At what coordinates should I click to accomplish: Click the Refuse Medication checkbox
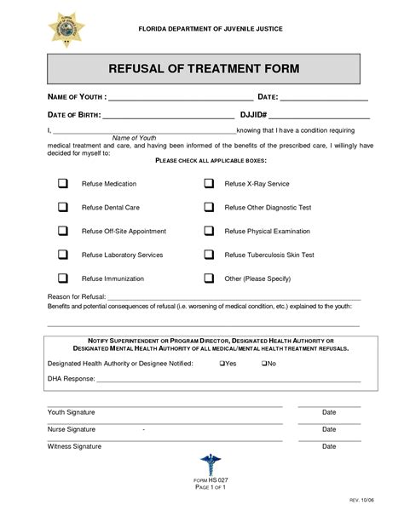(x=63, y=184)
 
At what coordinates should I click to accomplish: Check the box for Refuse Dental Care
(x=63, y=207)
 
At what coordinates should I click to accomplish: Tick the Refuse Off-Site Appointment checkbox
(x=63, y=231)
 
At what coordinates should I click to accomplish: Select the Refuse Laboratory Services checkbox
(x=63, y=255)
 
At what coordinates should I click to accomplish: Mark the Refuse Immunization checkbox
(x=63, y=278)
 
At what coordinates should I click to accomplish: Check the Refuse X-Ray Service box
(x=209, y=184)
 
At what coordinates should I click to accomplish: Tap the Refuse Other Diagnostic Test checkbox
(x=209, y=207)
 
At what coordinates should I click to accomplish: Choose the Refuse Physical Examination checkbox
(x=209, y=231)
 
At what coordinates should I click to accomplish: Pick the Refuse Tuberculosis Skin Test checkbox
(x=209, y=255)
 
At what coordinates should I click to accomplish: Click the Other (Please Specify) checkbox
(x=209, y=278)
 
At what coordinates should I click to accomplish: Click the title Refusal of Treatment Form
(x=202, y=68)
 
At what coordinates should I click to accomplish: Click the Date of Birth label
(x=73, y=114)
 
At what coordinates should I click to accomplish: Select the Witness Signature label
(x=74, y=446)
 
